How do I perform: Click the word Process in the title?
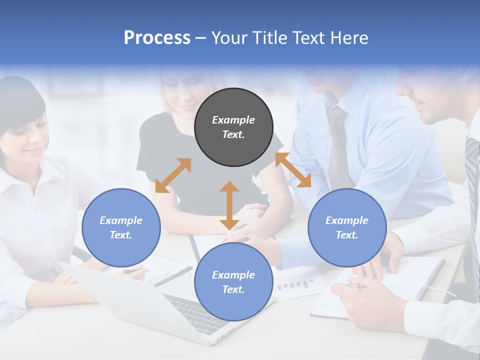click(157, 38)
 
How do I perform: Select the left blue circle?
click(121, 227)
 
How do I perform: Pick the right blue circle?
click(347, 227)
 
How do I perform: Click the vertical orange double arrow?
click(229, 205)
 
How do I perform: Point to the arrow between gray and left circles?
click(173, 175)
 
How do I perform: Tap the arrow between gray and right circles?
click(293, 170)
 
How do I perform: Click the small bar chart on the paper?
click(295, 285)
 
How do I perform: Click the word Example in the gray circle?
click(233, 120)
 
